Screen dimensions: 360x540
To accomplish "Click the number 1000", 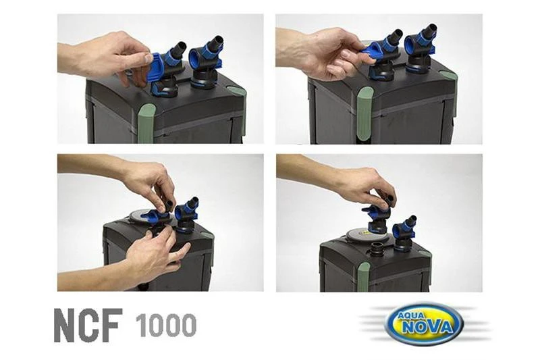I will pos(166,326).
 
